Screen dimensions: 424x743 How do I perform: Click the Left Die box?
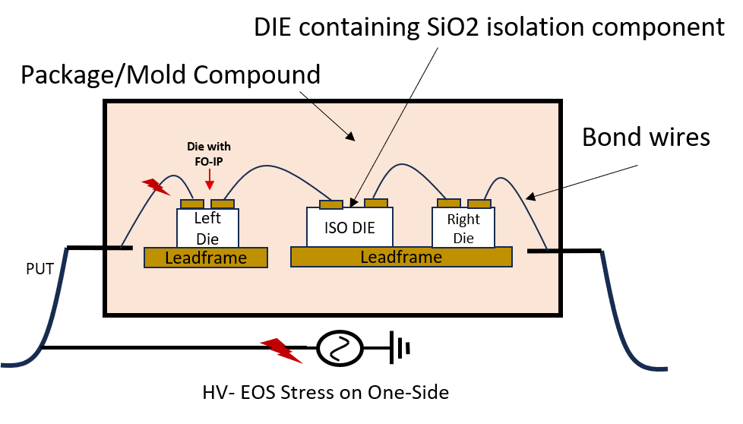207,228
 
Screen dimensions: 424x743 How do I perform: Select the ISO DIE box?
349,227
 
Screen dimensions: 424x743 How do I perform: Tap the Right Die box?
463,228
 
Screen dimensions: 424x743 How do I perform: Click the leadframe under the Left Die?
206,258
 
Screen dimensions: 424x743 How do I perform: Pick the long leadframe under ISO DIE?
401,257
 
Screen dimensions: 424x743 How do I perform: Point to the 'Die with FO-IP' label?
209,153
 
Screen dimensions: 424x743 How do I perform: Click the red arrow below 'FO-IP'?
210,179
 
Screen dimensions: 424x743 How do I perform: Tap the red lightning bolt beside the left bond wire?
156,185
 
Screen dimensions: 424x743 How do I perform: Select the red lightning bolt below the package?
281,350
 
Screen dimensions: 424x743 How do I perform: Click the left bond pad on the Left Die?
192,204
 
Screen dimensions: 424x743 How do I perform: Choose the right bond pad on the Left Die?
223,204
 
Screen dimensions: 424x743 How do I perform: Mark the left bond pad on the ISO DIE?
331,204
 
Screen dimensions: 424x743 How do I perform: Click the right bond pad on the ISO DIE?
376,203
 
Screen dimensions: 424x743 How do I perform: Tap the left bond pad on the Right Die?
449,203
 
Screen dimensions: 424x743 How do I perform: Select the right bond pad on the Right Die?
479,204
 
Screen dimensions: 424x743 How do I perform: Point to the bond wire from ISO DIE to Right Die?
410,167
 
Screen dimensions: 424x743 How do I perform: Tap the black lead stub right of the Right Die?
542,250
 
